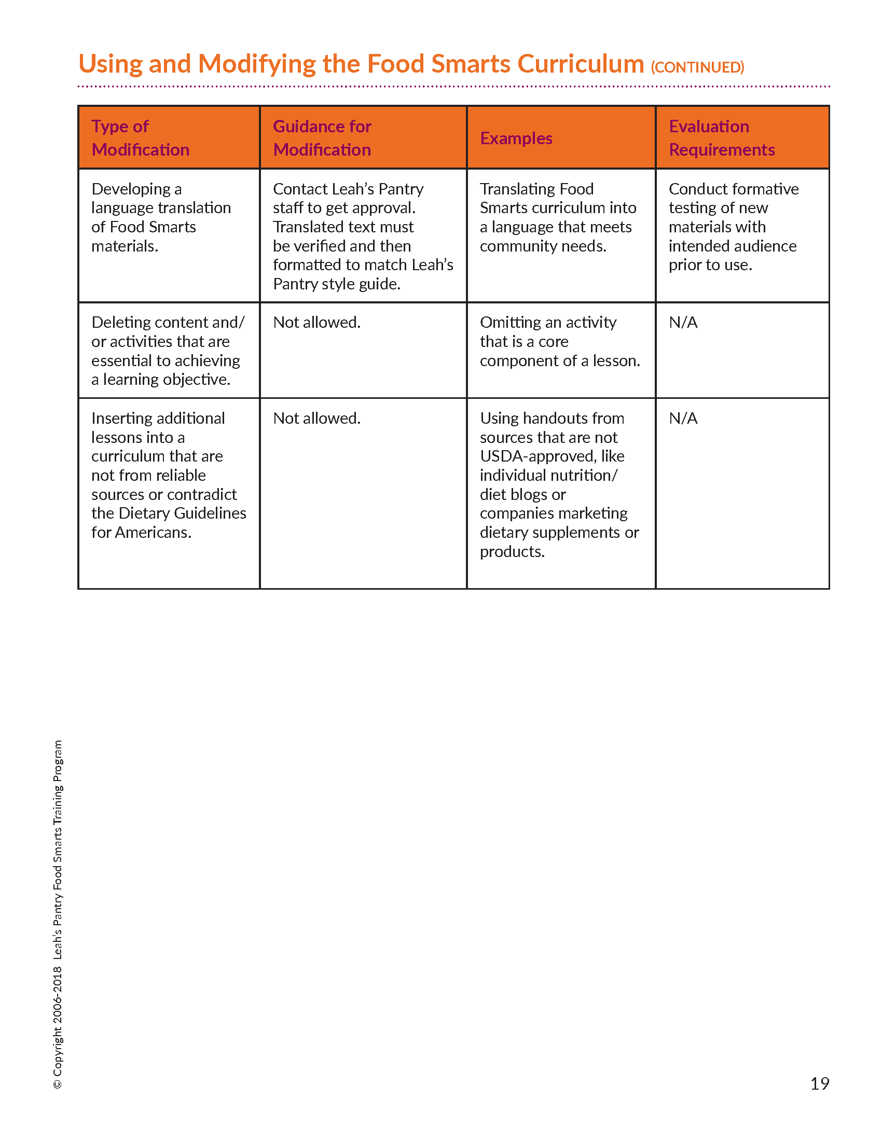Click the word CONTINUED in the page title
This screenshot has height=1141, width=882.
pyautogui.click(x=697, y=67)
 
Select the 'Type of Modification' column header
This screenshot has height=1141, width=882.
pyautogui.click(x=140, y=138)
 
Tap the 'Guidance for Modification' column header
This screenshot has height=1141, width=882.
pyautogui.click(x=322, y=138)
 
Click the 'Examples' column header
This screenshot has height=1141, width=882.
pyautogui.click(x=516, y=138)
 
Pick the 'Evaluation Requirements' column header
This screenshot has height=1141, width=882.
pyautogui.click(x=722, y=138)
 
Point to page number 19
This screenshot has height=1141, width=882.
pyautogui.click(x=819, y=1083)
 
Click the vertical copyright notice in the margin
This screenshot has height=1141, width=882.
pyautogui.click(x=58, y=914)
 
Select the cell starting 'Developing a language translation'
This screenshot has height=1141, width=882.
pyautogui.click(x=161, y=217)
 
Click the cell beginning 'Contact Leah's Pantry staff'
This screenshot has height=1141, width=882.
pyautogui.click(x=363, y=236)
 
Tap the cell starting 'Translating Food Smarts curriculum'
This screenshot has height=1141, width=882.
pyautogui.click(x=558, y=217)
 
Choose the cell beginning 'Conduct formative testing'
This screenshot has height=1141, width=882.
pyautogui.click(x=733, y=227)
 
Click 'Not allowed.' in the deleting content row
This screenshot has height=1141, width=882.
pyautogui.click(x=316, y=323)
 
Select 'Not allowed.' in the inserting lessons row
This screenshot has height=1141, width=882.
pyautogui.click(x=316, y=418)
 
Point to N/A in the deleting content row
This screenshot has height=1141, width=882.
pyautogui.click(x=683, y=323)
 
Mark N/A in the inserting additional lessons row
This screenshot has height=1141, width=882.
pyautogui.click(x=683, y=418)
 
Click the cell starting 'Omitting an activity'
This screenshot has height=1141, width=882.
pyautogui.click(x=559, y=341)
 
